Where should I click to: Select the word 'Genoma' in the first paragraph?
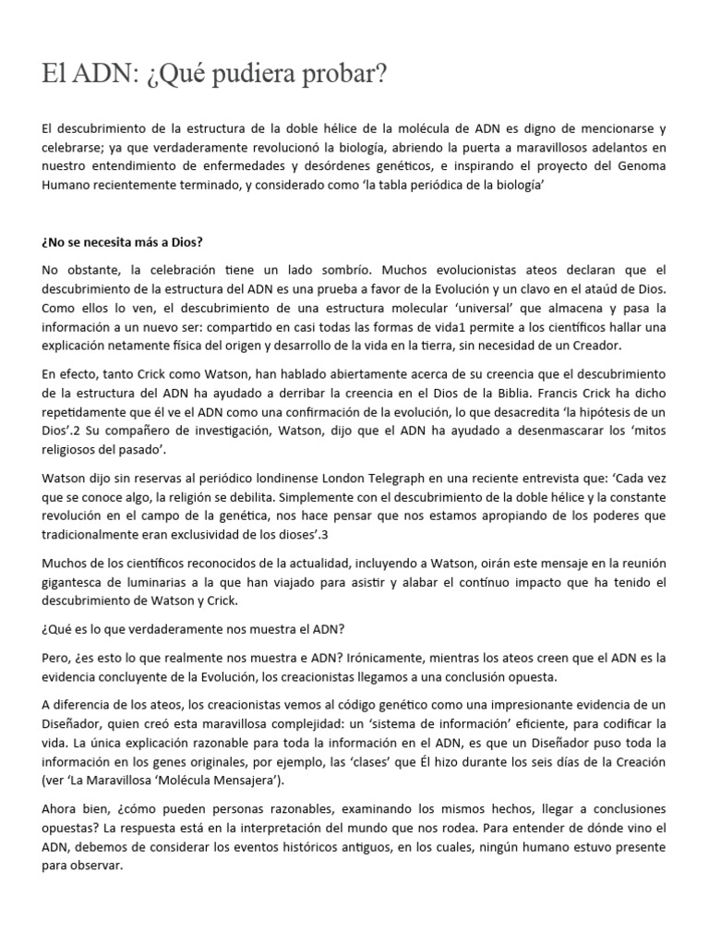[x=638, y=165]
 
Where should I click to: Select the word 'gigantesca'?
[x=78, y=582]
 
